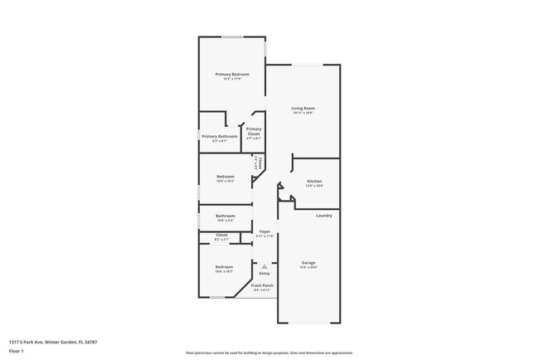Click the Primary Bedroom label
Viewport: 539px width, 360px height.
click(232, 75)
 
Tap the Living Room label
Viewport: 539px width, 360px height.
click(303, 108)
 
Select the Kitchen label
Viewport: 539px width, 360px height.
click(314, 181)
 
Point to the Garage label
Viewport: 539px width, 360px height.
click(308, 262)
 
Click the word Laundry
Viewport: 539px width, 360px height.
click(324, 216)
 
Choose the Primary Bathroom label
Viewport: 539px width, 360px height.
click(220, 136)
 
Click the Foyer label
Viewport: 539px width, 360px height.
click(265, 231)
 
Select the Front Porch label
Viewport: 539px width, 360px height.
click(262, 285)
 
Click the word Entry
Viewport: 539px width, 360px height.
click(265, 273)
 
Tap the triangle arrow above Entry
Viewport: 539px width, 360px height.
click(265, 265)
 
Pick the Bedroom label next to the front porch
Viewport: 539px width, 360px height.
click(225, 266)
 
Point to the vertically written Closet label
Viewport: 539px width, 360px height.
click(260, 163)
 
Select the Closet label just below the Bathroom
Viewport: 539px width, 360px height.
click(221, 235)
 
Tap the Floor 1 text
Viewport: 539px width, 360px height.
click(17, 352)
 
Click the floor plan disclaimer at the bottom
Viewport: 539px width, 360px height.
click(269, 353)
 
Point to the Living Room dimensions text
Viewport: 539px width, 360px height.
click(303, 113)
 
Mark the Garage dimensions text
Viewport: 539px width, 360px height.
click(308, 267)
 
